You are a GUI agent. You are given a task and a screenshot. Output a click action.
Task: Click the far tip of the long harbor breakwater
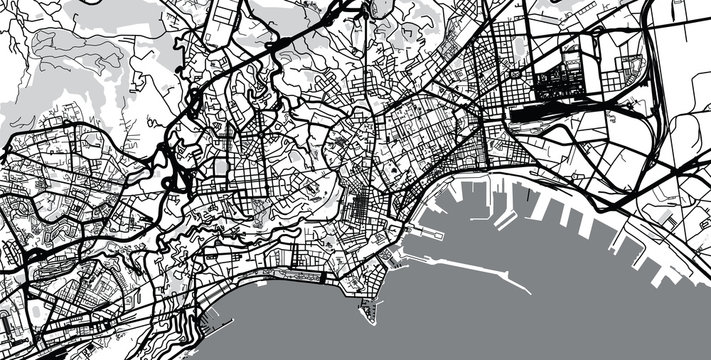point(527,289)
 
